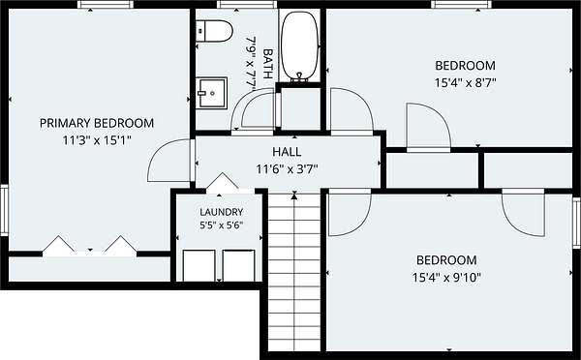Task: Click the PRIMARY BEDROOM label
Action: [x=97, y=123]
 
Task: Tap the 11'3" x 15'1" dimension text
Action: [x=97, y=140]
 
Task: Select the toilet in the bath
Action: [x=214, y=31]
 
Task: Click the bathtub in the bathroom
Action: [x=299, y=46]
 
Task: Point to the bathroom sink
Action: [x=211, y=93]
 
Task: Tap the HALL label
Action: [x=287, y=152]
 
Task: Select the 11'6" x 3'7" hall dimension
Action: [x=287, y=169]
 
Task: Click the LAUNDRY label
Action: [x=221, y=212]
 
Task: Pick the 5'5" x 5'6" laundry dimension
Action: [x=221, y=225]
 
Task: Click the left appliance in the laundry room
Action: [x=199, y=265]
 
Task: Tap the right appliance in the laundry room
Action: [x=238, y=265]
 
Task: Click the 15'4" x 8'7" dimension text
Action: [x=465, y=82]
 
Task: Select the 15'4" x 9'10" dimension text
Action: [x=446, y=277]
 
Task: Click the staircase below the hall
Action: [x=293, y=272]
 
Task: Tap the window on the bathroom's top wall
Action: [x=247, y=5]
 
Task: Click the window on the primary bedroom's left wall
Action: [x=4, y=210]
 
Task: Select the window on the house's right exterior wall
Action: [x=576, y=223]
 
